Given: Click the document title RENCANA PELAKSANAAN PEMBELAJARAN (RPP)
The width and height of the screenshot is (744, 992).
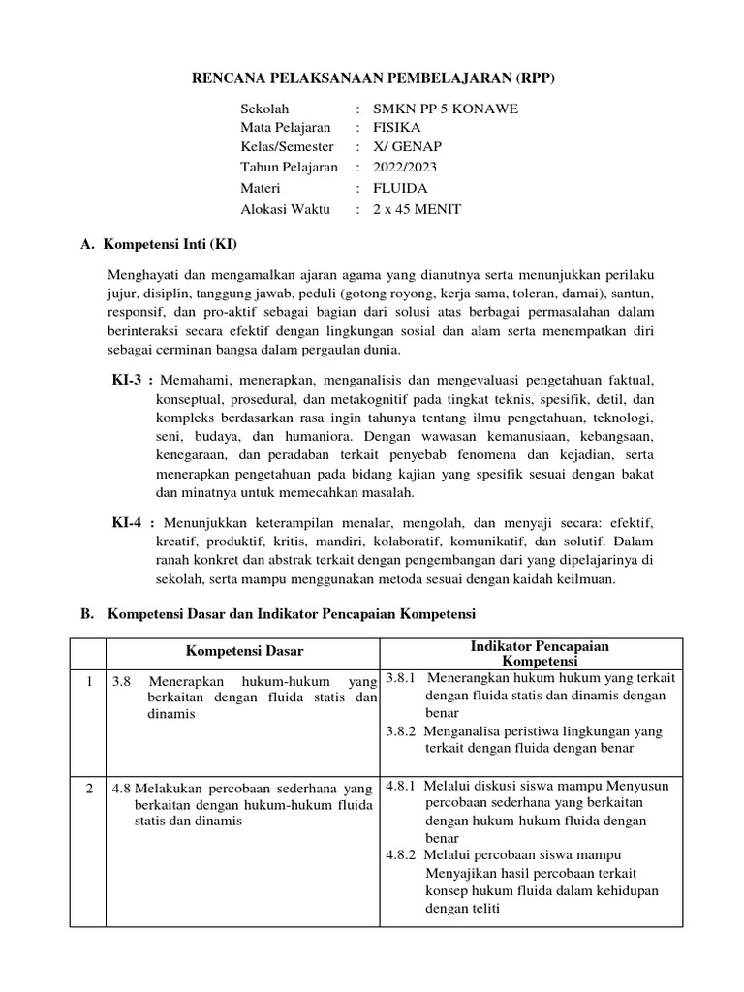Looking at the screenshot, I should [x=372, y=77].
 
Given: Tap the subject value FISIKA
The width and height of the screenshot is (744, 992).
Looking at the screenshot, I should [x=400, y=127].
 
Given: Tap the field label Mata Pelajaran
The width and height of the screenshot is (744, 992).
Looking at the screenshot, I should [x=286, y=127].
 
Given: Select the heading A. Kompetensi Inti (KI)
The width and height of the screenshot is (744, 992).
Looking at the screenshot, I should [x=159, y=244].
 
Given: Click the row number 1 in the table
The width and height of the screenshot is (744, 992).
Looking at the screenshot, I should [x=88, y=681].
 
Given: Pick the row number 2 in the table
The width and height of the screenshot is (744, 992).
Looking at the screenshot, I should [x=88, y=789].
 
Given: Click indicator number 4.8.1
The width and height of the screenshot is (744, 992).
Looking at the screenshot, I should [x=401, y=785].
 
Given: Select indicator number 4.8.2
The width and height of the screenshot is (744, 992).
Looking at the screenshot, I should [x=401, y=855].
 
